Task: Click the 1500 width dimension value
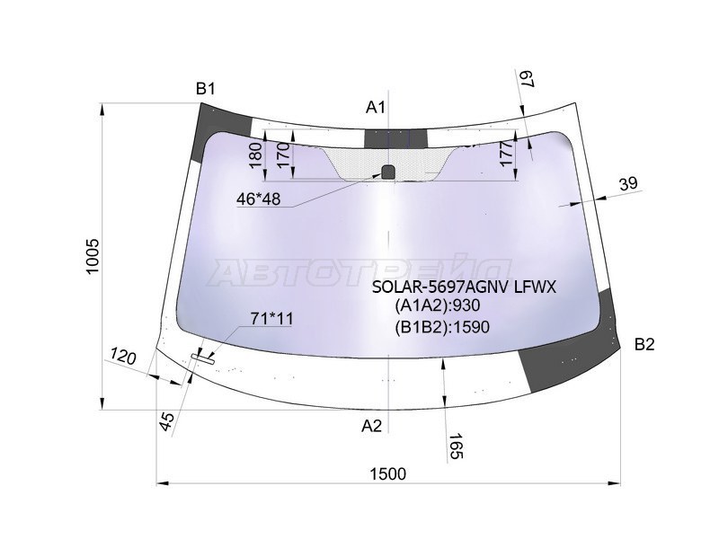tap(388, 473)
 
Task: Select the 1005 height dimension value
tap(93, 257)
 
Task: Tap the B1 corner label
tap(206, 88)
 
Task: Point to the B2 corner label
tap(644, 344)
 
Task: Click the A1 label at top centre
tap(376, 107)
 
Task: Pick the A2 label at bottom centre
tap(371, 426)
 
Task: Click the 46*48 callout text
tap(259, 199)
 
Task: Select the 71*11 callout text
tap(271, 318)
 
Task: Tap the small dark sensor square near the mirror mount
tap(388, 172)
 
